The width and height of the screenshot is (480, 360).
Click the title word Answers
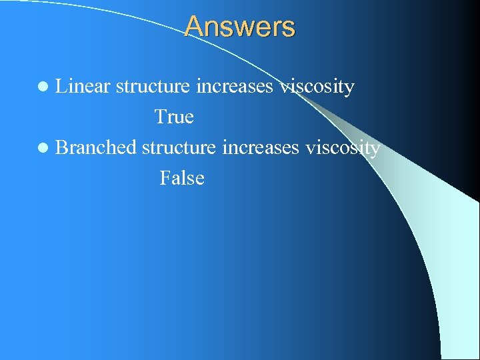tap(239, 27)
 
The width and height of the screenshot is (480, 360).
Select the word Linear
tap(83, 87)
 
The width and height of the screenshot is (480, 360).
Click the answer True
tap(174, 117)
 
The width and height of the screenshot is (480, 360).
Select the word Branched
tap(96, 147)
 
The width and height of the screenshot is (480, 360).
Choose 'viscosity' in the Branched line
tap(343, 147)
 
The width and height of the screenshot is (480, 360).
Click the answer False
tap(181, 178)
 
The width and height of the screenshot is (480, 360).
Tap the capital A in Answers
tap(194, 27)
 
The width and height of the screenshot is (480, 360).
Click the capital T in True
tap(161, 117)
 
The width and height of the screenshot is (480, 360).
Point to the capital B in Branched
tap(62, 147)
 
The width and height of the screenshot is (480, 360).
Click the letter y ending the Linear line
tap(349, 89)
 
